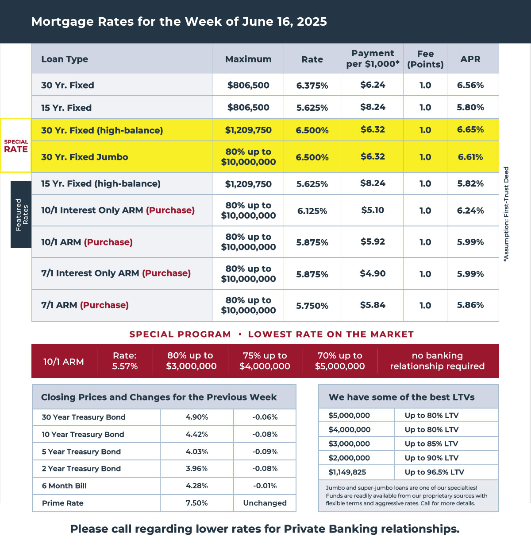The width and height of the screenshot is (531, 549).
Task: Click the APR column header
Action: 470,59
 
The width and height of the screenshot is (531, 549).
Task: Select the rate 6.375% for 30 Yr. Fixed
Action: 312,86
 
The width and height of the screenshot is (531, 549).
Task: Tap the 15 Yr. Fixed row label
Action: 66,108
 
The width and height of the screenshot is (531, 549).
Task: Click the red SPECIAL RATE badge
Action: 16,146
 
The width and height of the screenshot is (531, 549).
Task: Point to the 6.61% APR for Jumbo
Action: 470,157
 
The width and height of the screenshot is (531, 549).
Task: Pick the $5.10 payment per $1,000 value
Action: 373,210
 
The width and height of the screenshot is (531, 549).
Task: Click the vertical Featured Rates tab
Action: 21,214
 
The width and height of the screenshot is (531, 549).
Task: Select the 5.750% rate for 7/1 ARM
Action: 312,306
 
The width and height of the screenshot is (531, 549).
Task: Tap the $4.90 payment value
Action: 373,274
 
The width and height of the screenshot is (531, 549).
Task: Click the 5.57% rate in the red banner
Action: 125,366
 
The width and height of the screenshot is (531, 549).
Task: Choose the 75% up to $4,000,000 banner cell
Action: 265,361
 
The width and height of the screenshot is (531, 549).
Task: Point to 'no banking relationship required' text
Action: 437,361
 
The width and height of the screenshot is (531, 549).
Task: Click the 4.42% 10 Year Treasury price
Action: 197,434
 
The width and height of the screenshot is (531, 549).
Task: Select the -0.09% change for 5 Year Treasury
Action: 265,452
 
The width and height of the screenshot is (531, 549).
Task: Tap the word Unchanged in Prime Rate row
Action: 265,503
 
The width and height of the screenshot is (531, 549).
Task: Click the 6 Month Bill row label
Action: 64,486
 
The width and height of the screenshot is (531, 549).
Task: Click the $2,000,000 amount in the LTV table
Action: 349,458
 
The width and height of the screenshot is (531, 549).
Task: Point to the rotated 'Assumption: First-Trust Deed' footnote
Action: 506,214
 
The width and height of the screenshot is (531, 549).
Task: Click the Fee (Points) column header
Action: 425,59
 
